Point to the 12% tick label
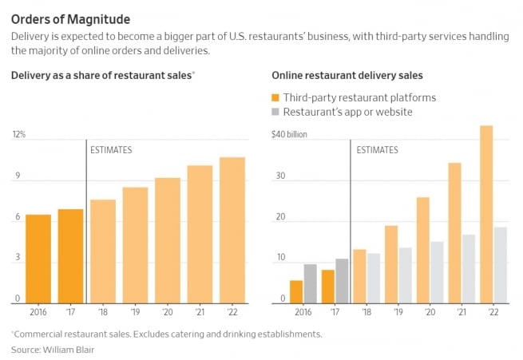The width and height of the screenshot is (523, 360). tap(18, 135)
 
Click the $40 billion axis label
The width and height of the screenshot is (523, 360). tap(290, 135)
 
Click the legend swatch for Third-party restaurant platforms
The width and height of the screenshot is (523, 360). tap(277, 97)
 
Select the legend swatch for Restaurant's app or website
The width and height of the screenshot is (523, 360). tap(277, 112)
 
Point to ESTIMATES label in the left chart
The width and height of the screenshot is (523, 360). tap(111, 150)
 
